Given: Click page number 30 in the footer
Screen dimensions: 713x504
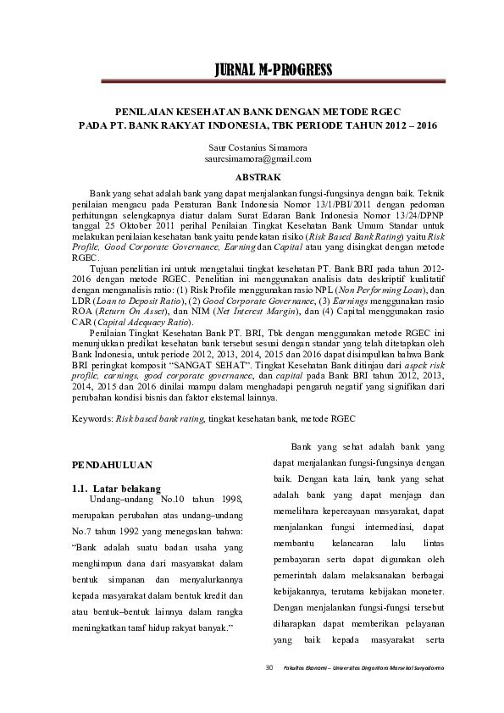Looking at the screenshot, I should coord(269,669).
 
